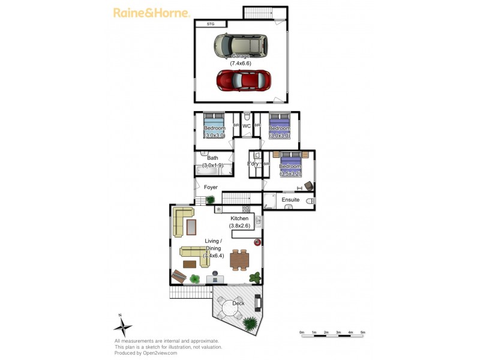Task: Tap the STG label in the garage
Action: click(x=210, y=24)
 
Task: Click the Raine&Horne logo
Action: click(x=151, y=12)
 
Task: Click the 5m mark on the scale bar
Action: click(x=363, y=332)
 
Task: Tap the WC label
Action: click(x=246, y=125)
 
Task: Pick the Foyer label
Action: click(x=211, y=187)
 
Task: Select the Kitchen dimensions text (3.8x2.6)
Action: click(x=244, y=226)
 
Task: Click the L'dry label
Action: click(x=253, y=164)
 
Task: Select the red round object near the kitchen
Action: click(x=257, y=242)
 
